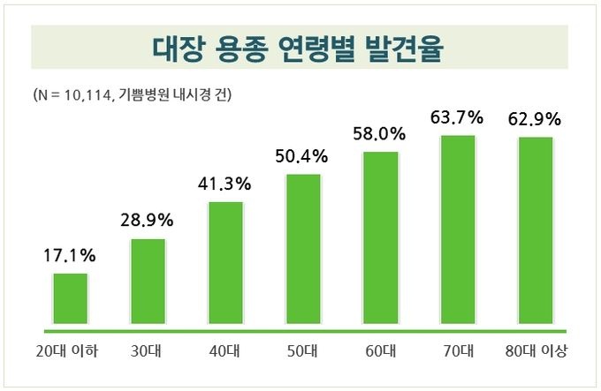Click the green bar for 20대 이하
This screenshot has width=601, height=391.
click(71, 298)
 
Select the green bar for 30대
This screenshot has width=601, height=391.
click(148, 282)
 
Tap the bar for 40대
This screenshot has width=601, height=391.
click(225, 263)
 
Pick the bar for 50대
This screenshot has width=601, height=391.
click(303, 249)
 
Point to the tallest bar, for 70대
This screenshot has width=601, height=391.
click(458, 229)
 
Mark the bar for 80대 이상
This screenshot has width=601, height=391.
click(536, 231)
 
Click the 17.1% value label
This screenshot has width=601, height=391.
click(70, 257)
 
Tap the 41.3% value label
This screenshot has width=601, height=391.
click(225, 184)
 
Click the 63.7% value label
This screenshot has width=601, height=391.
click(458, 117)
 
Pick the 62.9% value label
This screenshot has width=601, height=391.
click(535, 117)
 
